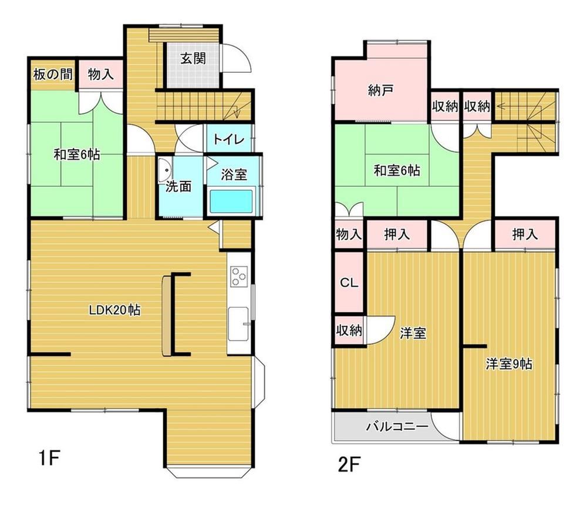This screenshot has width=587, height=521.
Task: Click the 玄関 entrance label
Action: pos(193,58)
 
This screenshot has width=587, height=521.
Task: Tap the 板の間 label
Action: pos(53,75)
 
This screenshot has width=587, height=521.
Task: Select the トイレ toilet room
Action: pos(229,139)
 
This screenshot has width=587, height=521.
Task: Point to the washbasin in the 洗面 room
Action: pos(164,171)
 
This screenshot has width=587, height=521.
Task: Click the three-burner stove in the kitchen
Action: pos(239,276)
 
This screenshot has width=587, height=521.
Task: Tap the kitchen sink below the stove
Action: pos(238,324)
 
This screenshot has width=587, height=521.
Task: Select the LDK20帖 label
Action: pos(114,310)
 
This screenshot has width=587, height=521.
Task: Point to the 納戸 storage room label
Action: pos(380,90)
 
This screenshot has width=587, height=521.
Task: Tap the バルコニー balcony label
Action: pos(397,426)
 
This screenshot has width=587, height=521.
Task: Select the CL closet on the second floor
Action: pos(349,282)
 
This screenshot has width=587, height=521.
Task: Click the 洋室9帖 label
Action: pos(509,364)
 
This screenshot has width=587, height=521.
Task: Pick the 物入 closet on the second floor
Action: pos(349,235)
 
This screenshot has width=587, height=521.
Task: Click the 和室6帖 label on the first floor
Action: pos(77,154)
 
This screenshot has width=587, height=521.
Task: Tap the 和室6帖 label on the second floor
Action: pos(397,171)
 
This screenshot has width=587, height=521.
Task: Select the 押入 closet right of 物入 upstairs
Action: pos(397,235)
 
